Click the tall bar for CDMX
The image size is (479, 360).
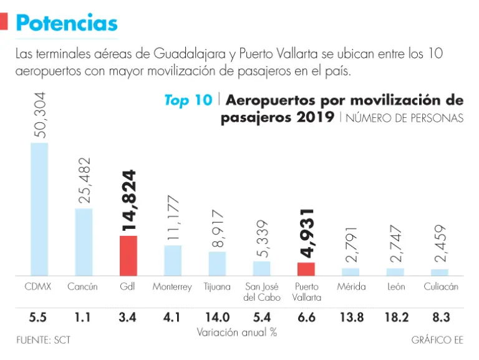(x=39, y=209)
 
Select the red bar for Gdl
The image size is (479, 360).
(x=128, y=255)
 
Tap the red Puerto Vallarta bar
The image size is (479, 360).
(x=306, y=269)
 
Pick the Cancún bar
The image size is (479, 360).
(x=84, y=241)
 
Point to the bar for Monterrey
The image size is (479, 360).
(x=173, y=260)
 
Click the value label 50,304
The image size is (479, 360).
(x=39, y=115)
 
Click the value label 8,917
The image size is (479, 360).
(x=217, y=228)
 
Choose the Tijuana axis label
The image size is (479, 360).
(x=217, y=288)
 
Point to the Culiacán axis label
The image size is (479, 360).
(x=440, y=287)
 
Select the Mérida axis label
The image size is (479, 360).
(x=351, y=287)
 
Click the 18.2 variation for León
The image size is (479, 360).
(x=396, y=318)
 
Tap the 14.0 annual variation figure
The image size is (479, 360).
(x=217, y=318)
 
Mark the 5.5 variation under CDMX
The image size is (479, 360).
(x=39, y=318)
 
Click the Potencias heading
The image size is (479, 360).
(x=66, y=23)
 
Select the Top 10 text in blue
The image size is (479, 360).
(x=188, y=100)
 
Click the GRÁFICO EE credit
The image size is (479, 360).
(x=437, y=341)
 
